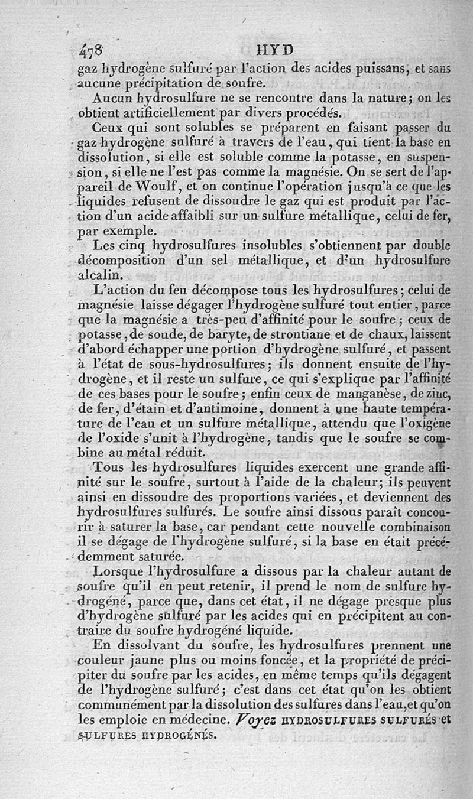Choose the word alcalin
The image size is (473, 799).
click(x=102, y=275)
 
